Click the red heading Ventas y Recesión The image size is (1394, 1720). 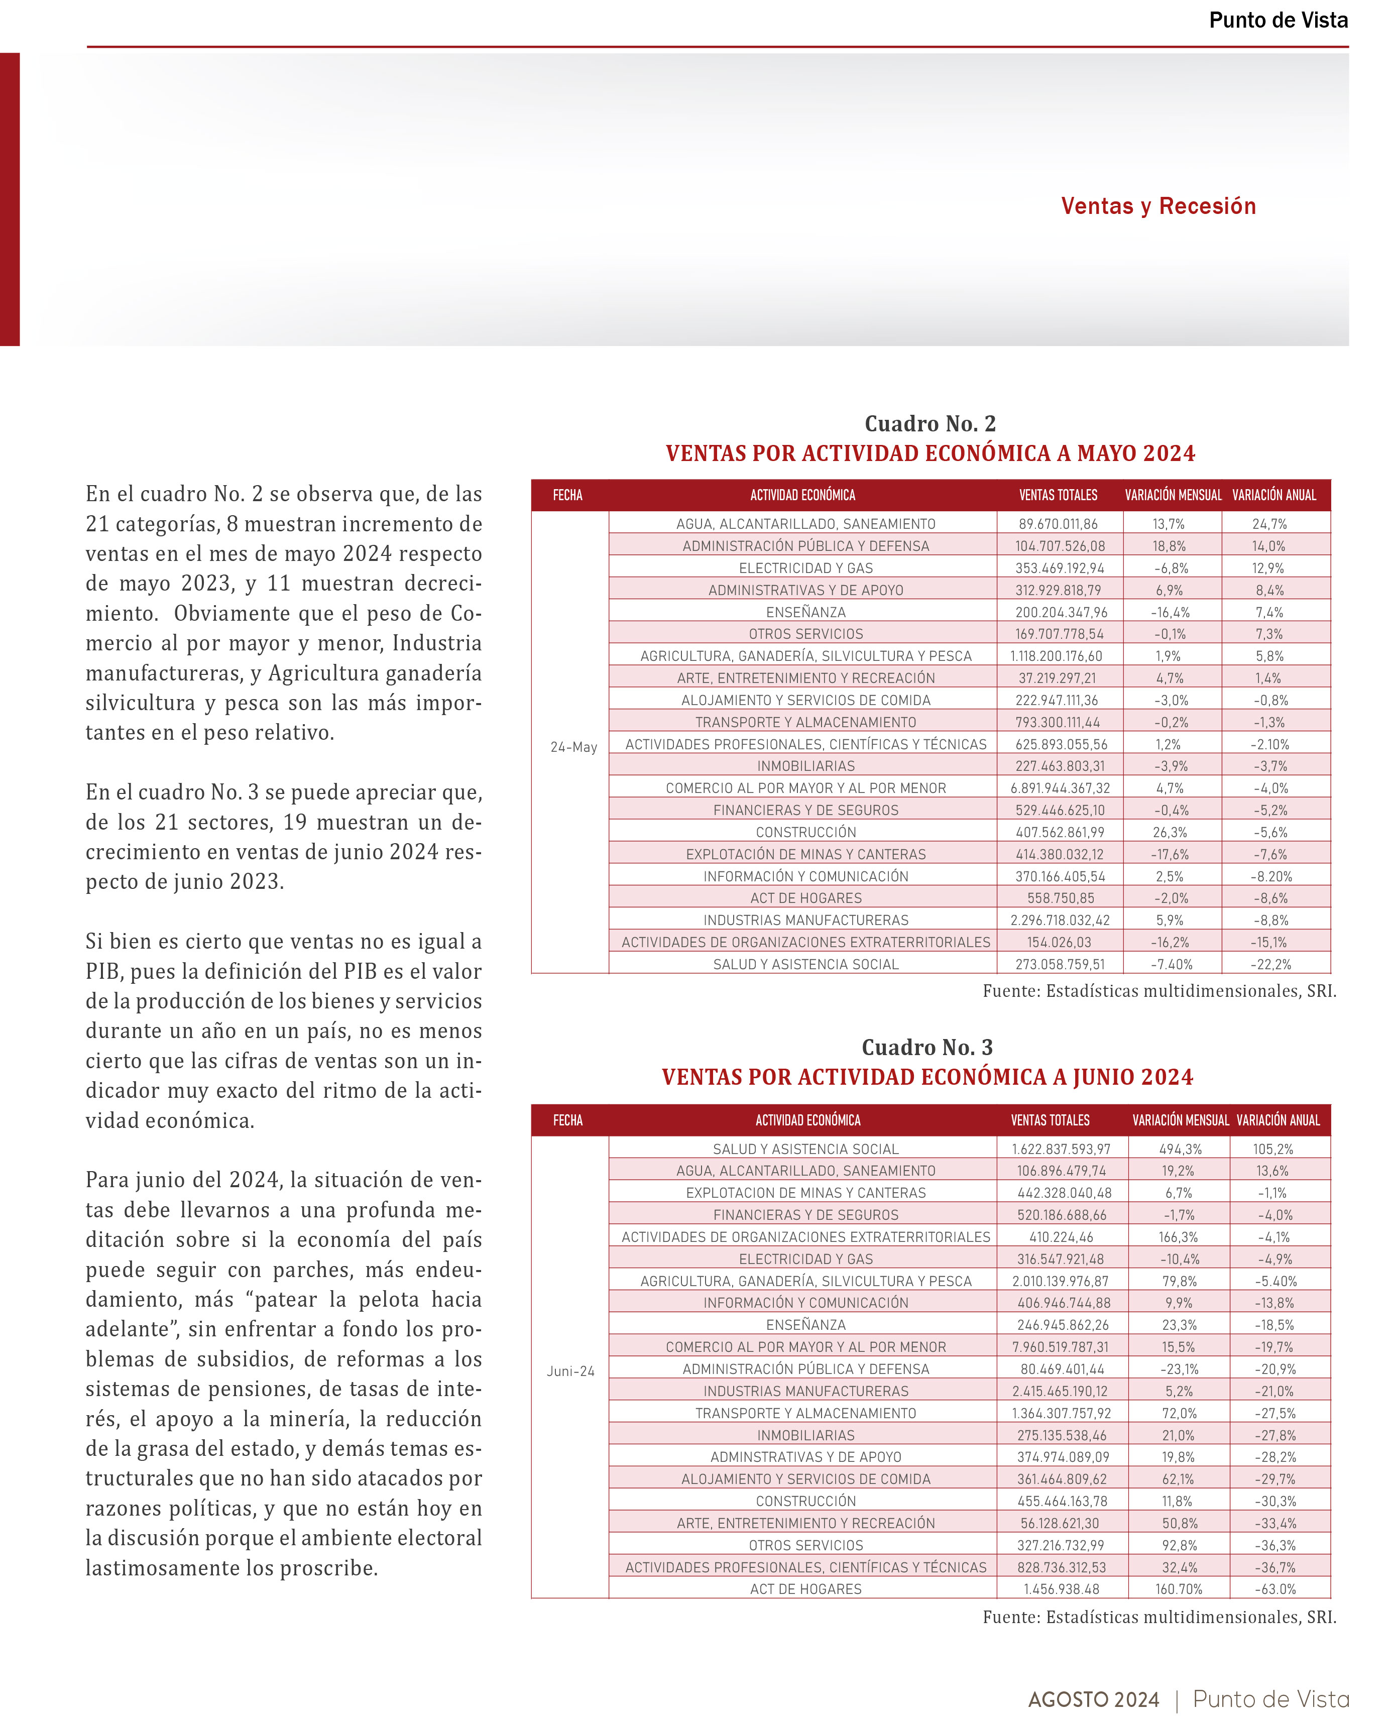coord(1158,206)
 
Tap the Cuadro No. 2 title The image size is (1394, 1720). coord(930,423)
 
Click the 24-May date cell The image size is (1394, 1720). coord(573,747)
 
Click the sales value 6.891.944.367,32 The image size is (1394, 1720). coord(1061,788)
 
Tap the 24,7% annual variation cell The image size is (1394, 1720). coord(1269,524)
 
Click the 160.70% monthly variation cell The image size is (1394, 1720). coord(1179,1589)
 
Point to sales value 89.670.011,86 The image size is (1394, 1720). coord(1059,524)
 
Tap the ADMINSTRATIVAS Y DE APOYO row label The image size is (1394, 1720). coord(805,1457)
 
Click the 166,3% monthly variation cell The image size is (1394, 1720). coord(1178,1237)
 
